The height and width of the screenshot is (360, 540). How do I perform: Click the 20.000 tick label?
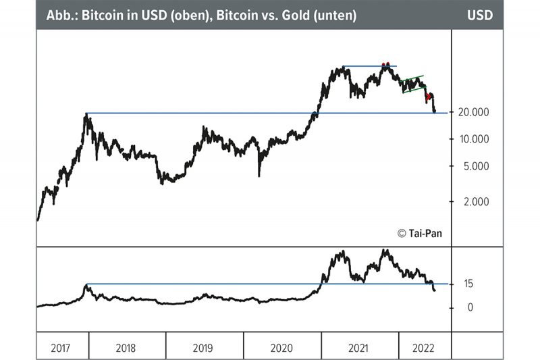[x=473, y=112]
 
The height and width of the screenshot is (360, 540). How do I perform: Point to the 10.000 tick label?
[x=473, y=139]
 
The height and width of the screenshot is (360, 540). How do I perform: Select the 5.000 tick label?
[x=473, y=166]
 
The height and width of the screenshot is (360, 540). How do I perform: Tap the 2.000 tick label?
[x=473, y=201]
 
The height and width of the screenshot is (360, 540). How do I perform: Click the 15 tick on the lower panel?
[x=468, y=284]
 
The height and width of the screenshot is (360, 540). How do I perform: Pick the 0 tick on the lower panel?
[x=468, y=307]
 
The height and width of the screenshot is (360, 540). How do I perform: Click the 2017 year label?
[x=62, y=349]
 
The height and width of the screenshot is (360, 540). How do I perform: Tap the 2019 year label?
[x=204, y=349]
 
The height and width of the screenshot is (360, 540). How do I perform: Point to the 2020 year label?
[x=282, y=349]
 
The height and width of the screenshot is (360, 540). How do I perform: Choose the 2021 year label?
[x=358, y=349]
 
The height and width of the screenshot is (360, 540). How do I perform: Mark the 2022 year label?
[x=424, y=349]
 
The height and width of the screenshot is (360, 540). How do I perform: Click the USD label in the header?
[x=480, y=14]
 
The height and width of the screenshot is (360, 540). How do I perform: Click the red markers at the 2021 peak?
[x=385, y=64]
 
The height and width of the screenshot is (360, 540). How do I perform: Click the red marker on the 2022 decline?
[x=428, y=97]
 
